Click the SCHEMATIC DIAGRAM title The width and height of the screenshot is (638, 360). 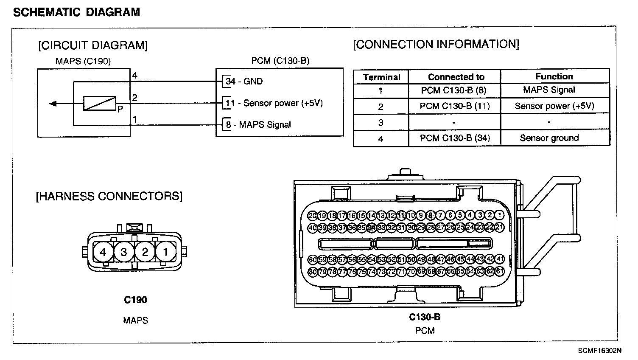pyautogui.click(x=76, y=12)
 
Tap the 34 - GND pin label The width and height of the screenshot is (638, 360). pyautogui.click(x=244, y=81)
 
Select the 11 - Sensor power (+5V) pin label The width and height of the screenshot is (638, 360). pyautogui.click(x=274, y=103)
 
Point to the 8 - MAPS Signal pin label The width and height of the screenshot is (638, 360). pyautogui.click(x=258, y=124)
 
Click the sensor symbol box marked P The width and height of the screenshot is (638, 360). pyautogui.click(x=100, y=103)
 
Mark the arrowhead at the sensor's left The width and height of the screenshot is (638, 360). pyautogui.click(x=53, y=103)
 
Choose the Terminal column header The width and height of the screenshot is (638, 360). pyautogui.click(x=381, y=77)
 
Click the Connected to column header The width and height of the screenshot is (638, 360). pyautogui.click(x=456, y=77)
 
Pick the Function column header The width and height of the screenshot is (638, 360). pyautogui.click(x=554, y=76)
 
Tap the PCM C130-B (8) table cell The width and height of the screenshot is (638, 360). pyautogui.click(x=453, y=90)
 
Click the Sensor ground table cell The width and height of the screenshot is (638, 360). pyautogui.click(x=549, y=138)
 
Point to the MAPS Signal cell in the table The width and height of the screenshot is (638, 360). pyautogui.click(x=549, y=90)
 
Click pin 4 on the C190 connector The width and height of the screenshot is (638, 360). pyautogui.click(x=103, y=252)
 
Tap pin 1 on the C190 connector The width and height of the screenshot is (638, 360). pyautogui.click(x=165, y=252)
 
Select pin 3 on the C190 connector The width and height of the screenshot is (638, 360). pyautogui.click(x=124, y=252)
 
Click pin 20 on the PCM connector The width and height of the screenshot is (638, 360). pyautogui.click(x=312, y=216)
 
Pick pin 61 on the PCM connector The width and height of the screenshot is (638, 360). pyautogui.click(x=500, y=271)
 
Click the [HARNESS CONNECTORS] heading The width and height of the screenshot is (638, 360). pyautogui.click(x=109, y=196)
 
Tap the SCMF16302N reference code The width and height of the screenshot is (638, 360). pyautogui.click(x=599, y=351)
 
